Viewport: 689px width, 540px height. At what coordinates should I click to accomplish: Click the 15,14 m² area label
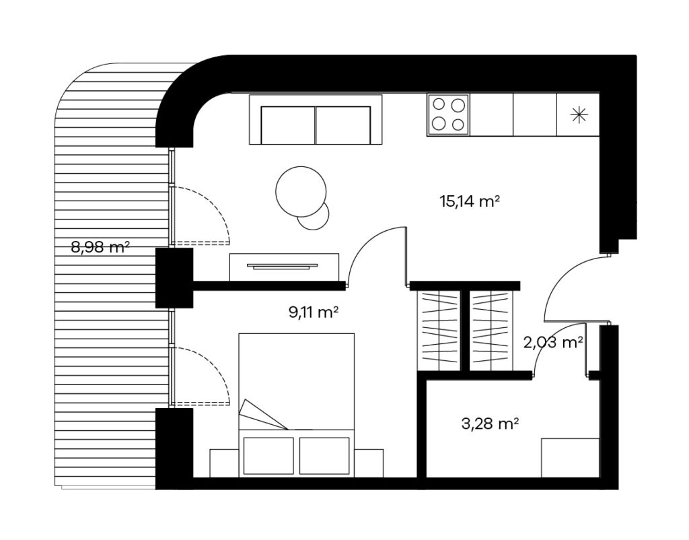(x=470, y=201)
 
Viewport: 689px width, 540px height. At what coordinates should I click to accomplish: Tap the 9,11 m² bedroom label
(x=314, y=312)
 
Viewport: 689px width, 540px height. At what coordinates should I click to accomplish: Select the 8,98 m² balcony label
(x=100, y=247)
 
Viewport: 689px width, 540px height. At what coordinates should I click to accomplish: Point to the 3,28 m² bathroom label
(x=491, y=424)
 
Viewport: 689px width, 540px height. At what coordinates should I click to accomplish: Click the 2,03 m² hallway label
(x=553, y=342)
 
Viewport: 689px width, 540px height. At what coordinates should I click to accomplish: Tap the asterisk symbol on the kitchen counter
(x=579, y=114)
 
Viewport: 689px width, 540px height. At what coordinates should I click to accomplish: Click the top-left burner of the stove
(x=439, y=104)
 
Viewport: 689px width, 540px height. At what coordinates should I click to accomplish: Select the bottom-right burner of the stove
(x=458, y=125)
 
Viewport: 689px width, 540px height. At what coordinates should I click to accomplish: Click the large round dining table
(x=301, y=191)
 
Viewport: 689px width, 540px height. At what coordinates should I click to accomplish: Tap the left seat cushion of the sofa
(x=288, y=125)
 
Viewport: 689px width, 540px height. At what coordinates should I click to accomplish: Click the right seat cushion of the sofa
(x=343, y=125)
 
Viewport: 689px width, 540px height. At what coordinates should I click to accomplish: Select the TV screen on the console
(x=282, y=265)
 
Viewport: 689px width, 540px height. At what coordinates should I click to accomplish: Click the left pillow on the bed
(x=268, y=456)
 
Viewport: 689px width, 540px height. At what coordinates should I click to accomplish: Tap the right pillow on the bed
(x=325, y=456)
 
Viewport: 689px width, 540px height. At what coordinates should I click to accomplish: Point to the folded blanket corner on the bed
(x=262, y=415)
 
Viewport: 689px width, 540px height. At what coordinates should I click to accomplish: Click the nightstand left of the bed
(x=224, y=463)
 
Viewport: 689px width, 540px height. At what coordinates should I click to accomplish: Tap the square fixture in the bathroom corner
(x=571, y=458)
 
